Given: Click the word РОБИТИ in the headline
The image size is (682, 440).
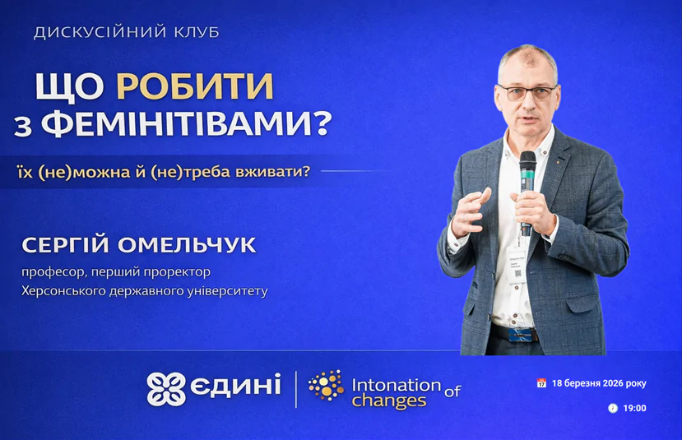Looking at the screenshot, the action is pyautogui.click(x=195, y=86).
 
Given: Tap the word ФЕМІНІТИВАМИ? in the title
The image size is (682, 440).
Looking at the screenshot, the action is pyautogui.click(x=187, y=123).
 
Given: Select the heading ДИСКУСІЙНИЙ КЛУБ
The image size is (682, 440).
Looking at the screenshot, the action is pyautogui.click(x=127, y=33).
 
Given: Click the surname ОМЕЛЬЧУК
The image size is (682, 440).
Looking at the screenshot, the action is pyautogui.click(x=187, y=245).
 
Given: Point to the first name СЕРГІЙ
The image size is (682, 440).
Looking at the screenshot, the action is pyautogui.click(x=65, y=244).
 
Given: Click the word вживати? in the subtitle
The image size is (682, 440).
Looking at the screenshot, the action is pyautogui.click(x=272, y=172).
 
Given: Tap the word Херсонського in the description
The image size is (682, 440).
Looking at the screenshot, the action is pyautogui.click(x=63, y=291).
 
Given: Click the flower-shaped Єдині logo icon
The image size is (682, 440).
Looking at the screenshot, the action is pyautogui.click(x=165, y=389).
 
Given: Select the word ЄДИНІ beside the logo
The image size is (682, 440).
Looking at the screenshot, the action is pyautogui.click(x=236, y=384).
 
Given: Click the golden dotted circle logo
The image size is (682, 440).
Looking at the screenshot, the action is pyautogui.click(x=327, y=385).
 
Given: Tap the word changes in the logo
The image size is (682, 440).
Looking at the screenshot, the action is pyautogui.click(x=389, y=401).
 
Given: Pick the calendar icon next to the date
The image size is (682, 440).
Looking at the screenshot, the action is pyautogui.click(x=541, y=383).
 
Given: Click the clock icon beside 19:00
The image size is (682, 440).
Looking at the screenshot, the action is pyautogui.click(x=613, y=408).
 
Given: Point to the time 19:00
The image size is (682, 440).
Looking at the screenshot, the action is pyautogui.click(x=634, y=408).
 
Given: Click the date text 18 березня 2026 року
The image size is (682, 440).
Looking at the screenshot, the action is pyautogui.click(x=599, y=383).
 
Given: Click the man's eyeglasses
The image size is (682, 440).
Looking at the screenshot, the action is pyautogui.click(x=528, y=92).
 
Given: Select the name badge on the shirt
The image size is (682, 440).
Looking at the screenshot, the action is pyautogui.click(x=516, y=266).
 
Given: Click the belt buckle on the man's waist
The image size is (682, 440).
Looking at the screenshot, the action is pyautogui.click(x=522, y=335).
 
